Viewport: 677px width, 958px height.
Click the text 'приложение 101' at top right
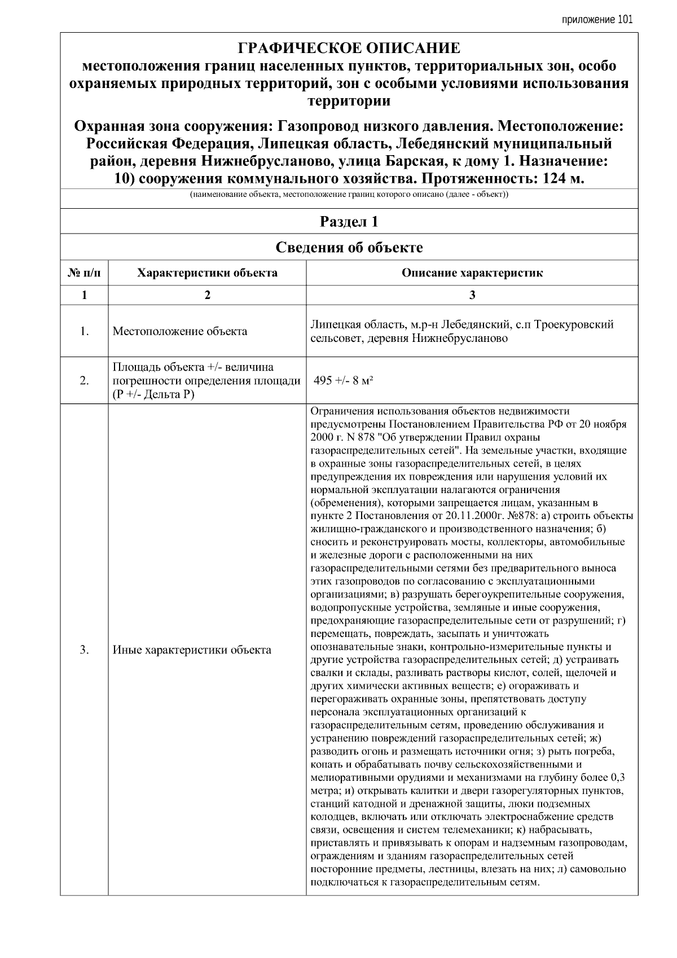(597, 19)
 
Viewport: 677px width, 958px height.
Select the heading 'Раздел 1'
(349, 222)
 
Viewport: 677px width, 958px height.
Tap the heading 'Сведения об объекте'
(349, 248)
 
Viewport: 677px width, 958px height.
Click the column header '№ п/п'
(84, 273)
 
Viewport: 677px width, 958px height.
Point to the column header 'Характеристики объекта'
(207, 273)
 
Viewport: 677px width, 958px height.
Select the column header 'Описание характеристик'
(472, 273)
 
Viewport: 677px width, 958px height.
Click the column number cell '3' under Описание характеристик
(472, 295)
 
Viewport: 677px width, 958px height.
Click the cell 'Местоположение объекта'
(180, 331)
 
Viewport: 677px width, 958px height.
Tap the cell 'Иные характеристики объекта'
(192, 649)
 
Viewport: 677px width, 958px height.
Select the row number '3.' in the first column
(84, 649)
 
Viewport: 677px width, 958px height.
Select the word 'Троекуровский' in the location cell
(574, 325)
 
